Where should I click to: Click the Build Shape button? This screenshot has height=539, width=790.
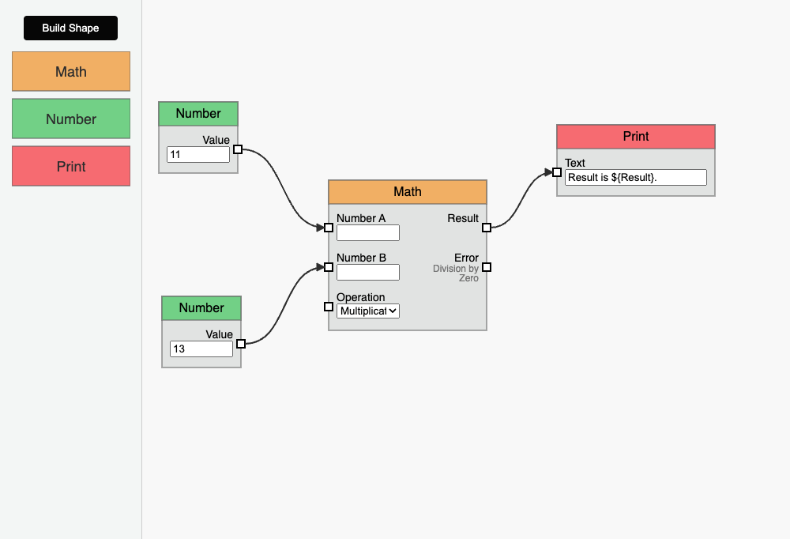click(70, 28)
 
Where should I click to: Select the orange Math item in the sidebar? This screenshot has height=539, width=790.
click(70, 72)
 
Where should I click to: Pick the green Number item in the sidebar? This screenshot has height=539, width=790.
click(70, 119)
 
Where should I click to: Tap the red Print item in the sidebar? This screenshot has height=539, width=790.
click(70, 167)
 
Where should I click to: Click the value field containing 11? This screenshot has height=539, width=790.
click(197, 155)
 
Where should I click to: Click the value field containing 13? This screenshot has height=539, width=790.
click(201, 349)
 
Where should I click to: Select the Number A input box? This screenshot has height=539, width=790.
click(367, 233)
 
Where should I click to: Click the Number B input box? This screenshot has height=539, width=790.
click(367, 273)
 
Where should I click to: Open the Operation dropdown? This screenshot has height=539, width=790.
click(367, 311)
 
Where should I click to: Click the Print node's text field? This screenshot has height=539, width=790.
click(636, 178)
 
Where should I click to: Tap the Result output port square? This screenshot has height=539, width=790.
click(487, 228)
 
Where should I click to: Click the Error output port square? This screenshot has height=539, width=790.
click(487, 267)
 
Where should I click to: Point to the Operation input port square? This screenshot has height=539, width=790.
click(329, 307)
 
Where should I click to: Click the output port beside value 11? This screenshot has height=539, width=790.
click(238, 149)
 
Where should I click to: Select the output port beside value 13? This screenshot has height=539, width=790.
click(241, 344)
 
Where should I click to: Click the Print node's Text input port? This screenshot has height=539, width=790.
click(557, 172)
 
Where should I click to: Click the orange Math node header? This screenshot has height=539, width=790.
click(408, 192)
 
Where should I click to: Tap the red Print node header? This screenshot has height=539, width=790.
click(636, 137)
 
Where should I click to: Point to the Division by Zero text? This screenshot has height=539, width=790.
click(457, 273)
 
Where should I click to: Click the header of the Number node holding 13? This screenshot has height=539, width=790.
click(201, 308)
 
